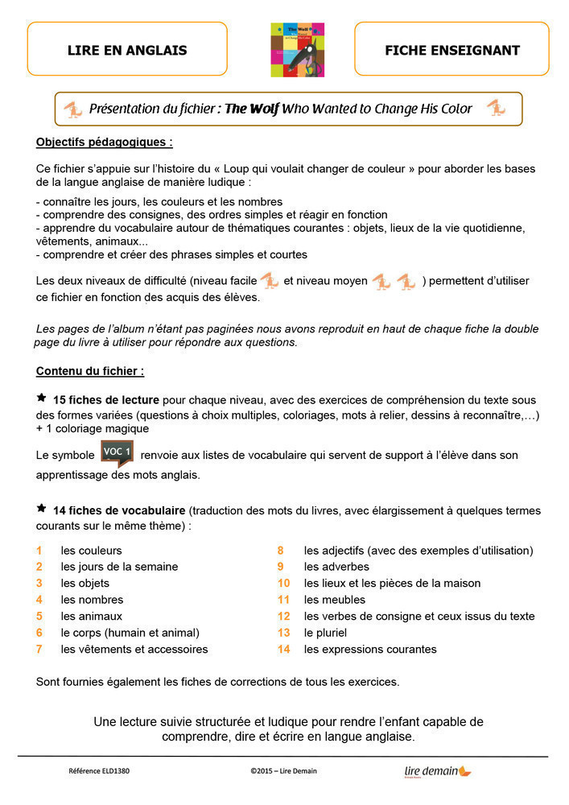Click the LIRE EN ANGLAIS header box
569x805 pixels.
(127, 50)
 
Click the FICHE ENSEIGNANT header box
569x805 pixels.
(451, 50)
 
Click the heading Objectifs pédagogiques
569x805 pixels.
(105, 142)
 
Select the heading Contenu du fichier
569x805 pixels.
(90, 371)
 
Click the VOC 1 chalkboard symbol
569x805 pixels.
(117, 452)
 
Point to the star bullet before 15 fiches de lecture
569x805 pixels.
(42, 398)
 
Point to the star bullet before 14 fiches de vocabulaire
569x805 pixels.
(42, 509)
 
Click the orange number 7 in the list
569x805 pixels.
(39, 649)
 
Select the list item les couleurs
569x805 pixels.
(91, 551)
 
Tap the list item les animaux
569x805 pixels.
(91, 616)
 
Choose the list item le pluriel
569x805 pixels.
(325, 633)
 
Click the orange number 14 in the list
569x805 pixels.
(283, 649)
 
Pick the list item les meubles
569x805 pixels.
(334, 600)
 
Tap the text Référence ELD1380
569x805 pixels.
(99, 771)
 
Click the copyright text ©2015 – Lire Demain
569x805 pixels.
(283, 771)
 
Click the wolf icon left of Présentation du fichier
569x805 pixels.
(72, 109)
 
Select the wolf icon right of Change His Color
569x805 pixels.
(496, 108)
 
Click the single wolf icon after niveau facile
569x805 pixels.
(269, 281)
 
